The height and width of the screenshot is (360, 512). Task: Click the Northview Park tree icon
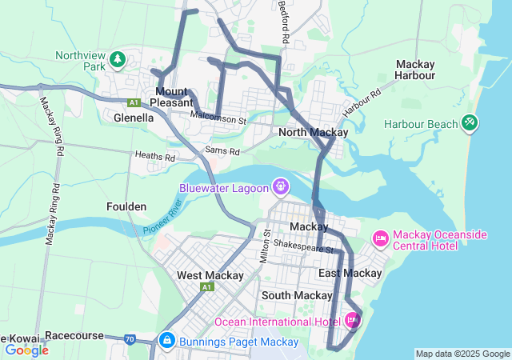(x=118, y=59)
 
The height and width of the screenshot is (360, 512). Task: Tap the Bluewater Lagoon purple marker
(x=280, y=187)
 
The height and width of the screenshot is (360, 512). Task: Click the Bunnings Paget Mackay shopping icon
(x=166, y=341)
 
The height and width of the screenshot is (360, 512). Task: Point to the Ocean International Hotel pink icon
(x=352, y=321)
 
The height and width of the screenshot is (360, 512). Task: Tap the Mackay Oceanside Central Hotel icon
(x=381, y=238)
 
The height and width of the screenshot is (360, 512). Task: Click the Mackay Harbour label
(x=415, y=70)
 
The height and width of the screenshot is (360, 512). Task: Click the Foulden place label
(x=126, y=206)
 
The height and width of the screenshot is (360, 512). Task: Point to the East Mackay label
(x=350, y=274)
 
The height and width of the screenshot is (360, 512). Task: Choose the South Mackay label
(x=296, y=295)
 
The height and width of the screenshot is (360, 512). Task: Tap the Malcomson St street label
(x=218, y=118)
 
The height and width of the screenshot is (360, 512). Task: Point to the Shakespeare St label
(x=302, y=246)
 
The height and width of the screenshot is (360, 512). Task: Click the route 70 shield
(x=130, y=339)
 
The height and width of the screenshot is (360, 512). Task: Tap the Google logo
(x=26, y=350)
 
